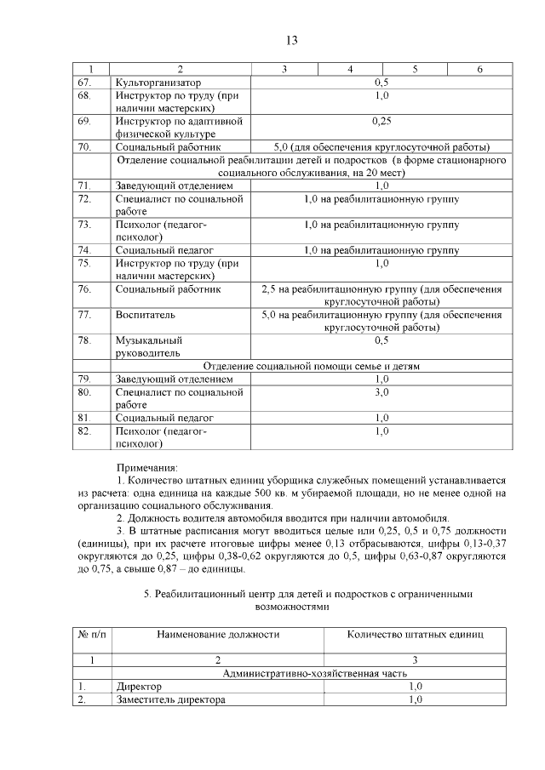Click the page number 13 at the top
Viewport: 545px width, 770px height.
coord(290,40)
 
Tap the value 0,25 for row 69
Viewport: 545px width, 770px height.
coord(381,121)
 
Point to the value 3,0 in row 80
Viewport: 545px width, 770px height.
coord(381,392)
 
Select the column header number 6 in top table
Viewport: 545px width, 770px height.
coord(480,69)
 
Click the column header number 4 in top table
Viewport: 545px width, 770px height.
coord(350,69)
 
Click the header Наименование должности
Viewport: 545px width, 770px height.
coord(218,635)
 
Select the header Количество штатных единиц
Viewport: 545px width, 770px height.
coord(415,635)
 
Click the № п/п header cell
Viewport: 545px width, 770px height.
coord(92,635)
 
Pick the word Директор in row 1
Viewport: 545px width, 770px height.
coord(138,687)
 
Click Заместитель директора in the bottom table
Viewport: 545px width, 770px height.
coord(170,700)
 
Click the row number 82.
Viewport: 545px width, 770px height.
coord(84,431)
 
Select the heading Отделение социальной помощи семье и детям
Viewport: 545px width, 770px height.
coord(312,366)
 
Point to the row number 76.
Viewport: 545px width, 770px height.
coord(84,289)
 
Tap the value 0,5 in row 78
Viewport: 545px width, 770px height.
coord(381,340)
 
